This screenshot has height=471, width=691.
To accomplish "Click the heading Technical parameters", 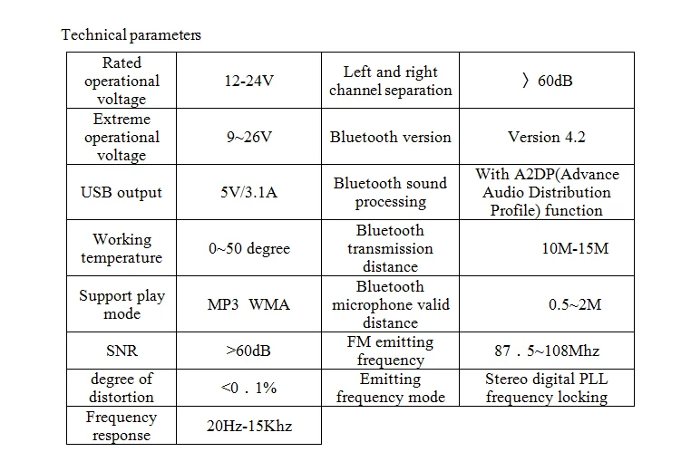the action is tap(131, 34).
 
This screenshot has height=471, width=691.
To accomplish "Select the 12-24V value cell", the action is tap(249, 81).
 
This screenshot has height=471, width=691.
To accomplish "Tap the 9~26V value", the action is tap(249, 137).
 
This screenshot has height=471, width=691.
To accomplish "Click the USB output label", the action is tap(122, 192).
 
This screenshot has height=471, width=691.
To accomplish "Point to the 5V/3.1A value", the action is tap(249, 192).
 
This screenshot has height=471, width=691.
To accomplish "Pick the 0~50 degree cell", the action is tap(249, 248).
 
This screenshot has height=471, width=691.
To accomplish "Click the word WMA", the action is tap(269, 304).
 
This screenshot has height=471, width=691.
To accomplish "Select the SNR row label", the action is tap(122, 351).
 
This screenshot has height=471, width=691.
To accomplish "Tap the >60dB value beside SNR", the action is tap(248, 351).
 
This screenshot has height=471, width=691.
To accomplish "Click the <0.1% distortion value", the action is tap(248, 388).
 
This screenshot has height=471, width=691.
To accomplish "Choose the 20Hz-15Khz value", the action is tap(249, 426).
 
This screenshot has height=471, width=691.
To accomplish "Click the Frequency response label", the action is tap(122, 426).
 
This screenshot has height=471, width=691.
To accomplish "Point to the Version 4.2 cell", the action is tap(547, 137).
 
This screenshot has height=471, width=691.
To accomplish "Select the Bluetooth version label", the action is tap(391, 137).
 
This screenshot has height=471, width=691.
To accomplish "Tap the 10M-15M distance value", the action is tap(575, 248).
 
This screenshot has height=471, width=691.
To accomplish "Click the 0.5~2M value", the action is tap(575, 304).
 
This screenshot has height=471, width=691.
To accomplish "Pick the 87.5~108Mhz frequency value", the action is tap(547, 351).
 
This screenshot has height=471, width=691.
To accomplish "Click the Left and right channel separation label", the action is tap(391, 81).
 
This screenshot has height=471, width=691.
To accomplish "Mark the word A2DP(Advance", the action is tap(567, 174).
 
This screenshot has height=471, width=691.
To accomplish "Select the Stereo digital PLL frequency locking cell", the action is tap(547, 388).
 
